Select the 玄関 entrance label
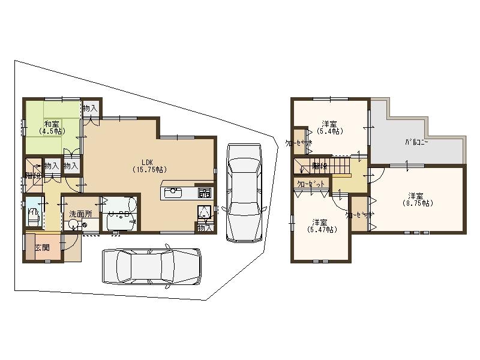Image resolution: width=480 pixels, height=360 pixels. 42,247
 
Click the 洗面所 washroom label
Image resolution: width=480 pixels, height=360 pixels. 80,214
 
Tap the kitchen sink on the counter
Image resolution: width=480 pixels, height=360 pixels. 172,193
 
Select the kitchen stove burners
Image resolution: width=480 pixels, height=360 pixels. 205,193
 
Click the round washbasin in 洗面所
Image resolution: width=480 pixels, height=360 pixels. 73,225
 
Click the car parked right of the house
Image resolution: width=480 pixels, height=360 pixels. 243,192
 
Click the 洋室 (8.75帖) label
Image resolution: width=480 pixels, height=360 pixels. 418,199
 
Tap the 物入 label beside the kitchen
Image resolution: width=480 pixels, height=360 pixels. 205,228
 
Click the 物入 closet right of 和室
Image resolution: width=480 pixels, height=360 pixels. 90,109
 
